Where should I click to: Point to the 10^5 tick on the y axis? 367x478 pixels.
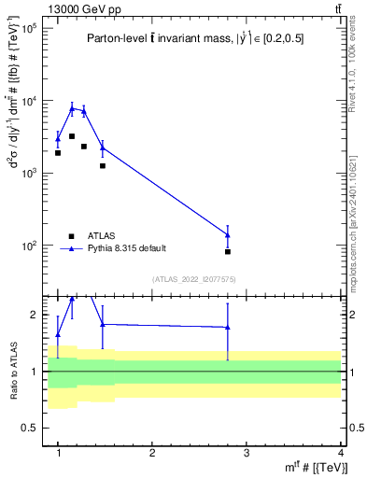28,29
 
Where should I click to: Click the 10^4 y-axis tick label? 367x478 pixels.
28,101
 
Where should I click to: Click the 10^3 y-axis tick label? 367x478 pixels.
28,173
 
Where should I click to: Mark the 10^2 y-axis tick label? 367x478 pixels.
28,246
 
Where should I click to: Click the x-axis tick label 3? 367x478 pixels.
247,453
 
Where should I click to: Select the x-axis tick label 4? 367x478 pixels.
340,453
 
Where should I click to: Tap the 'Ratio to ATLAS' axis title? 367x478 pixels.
13,371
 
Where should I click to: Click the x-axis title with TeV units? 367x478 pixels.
318,468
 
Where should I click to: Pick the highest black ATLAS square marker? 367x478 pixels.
72,136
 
